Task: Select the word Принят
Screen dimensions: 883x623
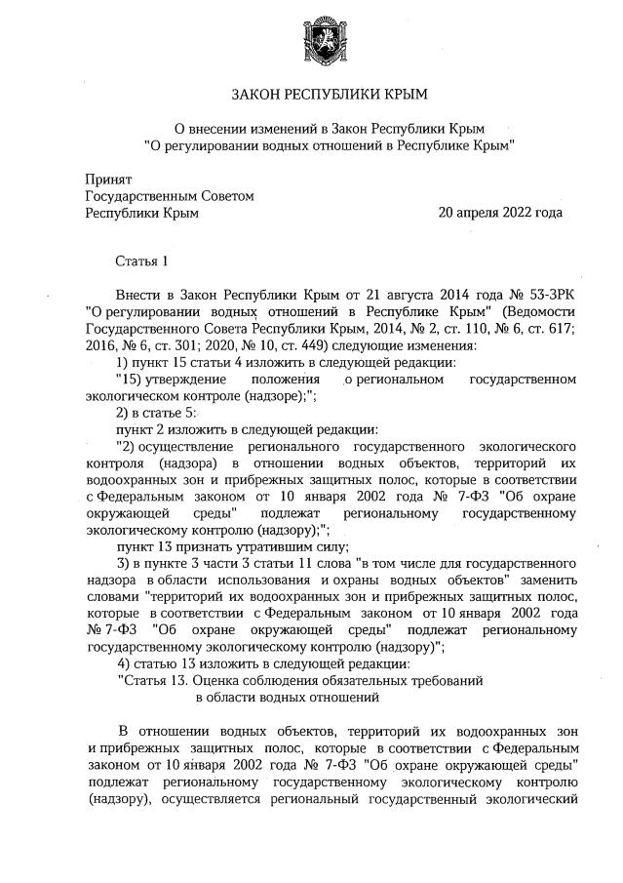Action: (107, 180)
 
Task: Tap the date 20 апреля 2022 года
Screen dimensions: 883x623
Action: (500, 212)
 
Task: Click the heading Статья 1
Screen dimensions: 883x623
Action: (142, 261)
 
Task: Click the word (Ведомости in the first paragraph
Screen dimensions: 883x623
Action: (532, 310)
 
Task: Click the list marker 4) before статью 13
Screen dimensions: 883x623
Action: (124, 663)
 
